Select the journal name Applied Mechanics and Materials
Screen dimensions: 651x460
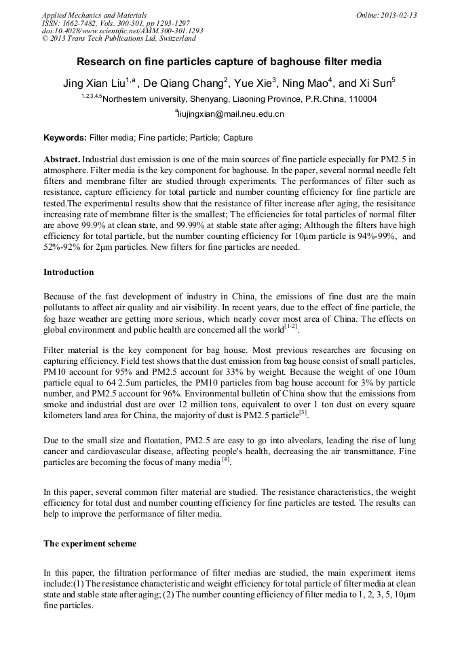pyautogui.click(x=94, y=15)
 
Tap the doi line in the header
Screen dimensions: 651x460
pyautogui.click(x=122, y=31)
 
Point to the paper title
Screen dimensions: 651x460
pyautogui.click(x=229, y=62)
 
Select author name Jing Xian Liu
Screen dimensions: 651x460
pyautogui.click(x=96, y=83)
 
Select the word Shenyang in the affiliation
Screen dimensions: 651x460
pyautogui.click(x=214, y=99)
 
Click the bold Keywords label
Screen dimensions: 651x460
pyautogui.click(x=64, y=138)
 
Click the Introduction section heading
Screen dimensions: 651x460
pyautogui.click(x=69, y=272)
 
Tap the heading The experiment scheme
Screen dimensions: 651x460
pyautogui.click(x=90, y=544)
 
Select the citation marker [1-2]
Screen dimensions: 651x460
pyautogui.click(x=290, y=327)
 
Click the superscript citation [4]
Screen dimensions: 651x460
pyautogui.click(x=225, y=460)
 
